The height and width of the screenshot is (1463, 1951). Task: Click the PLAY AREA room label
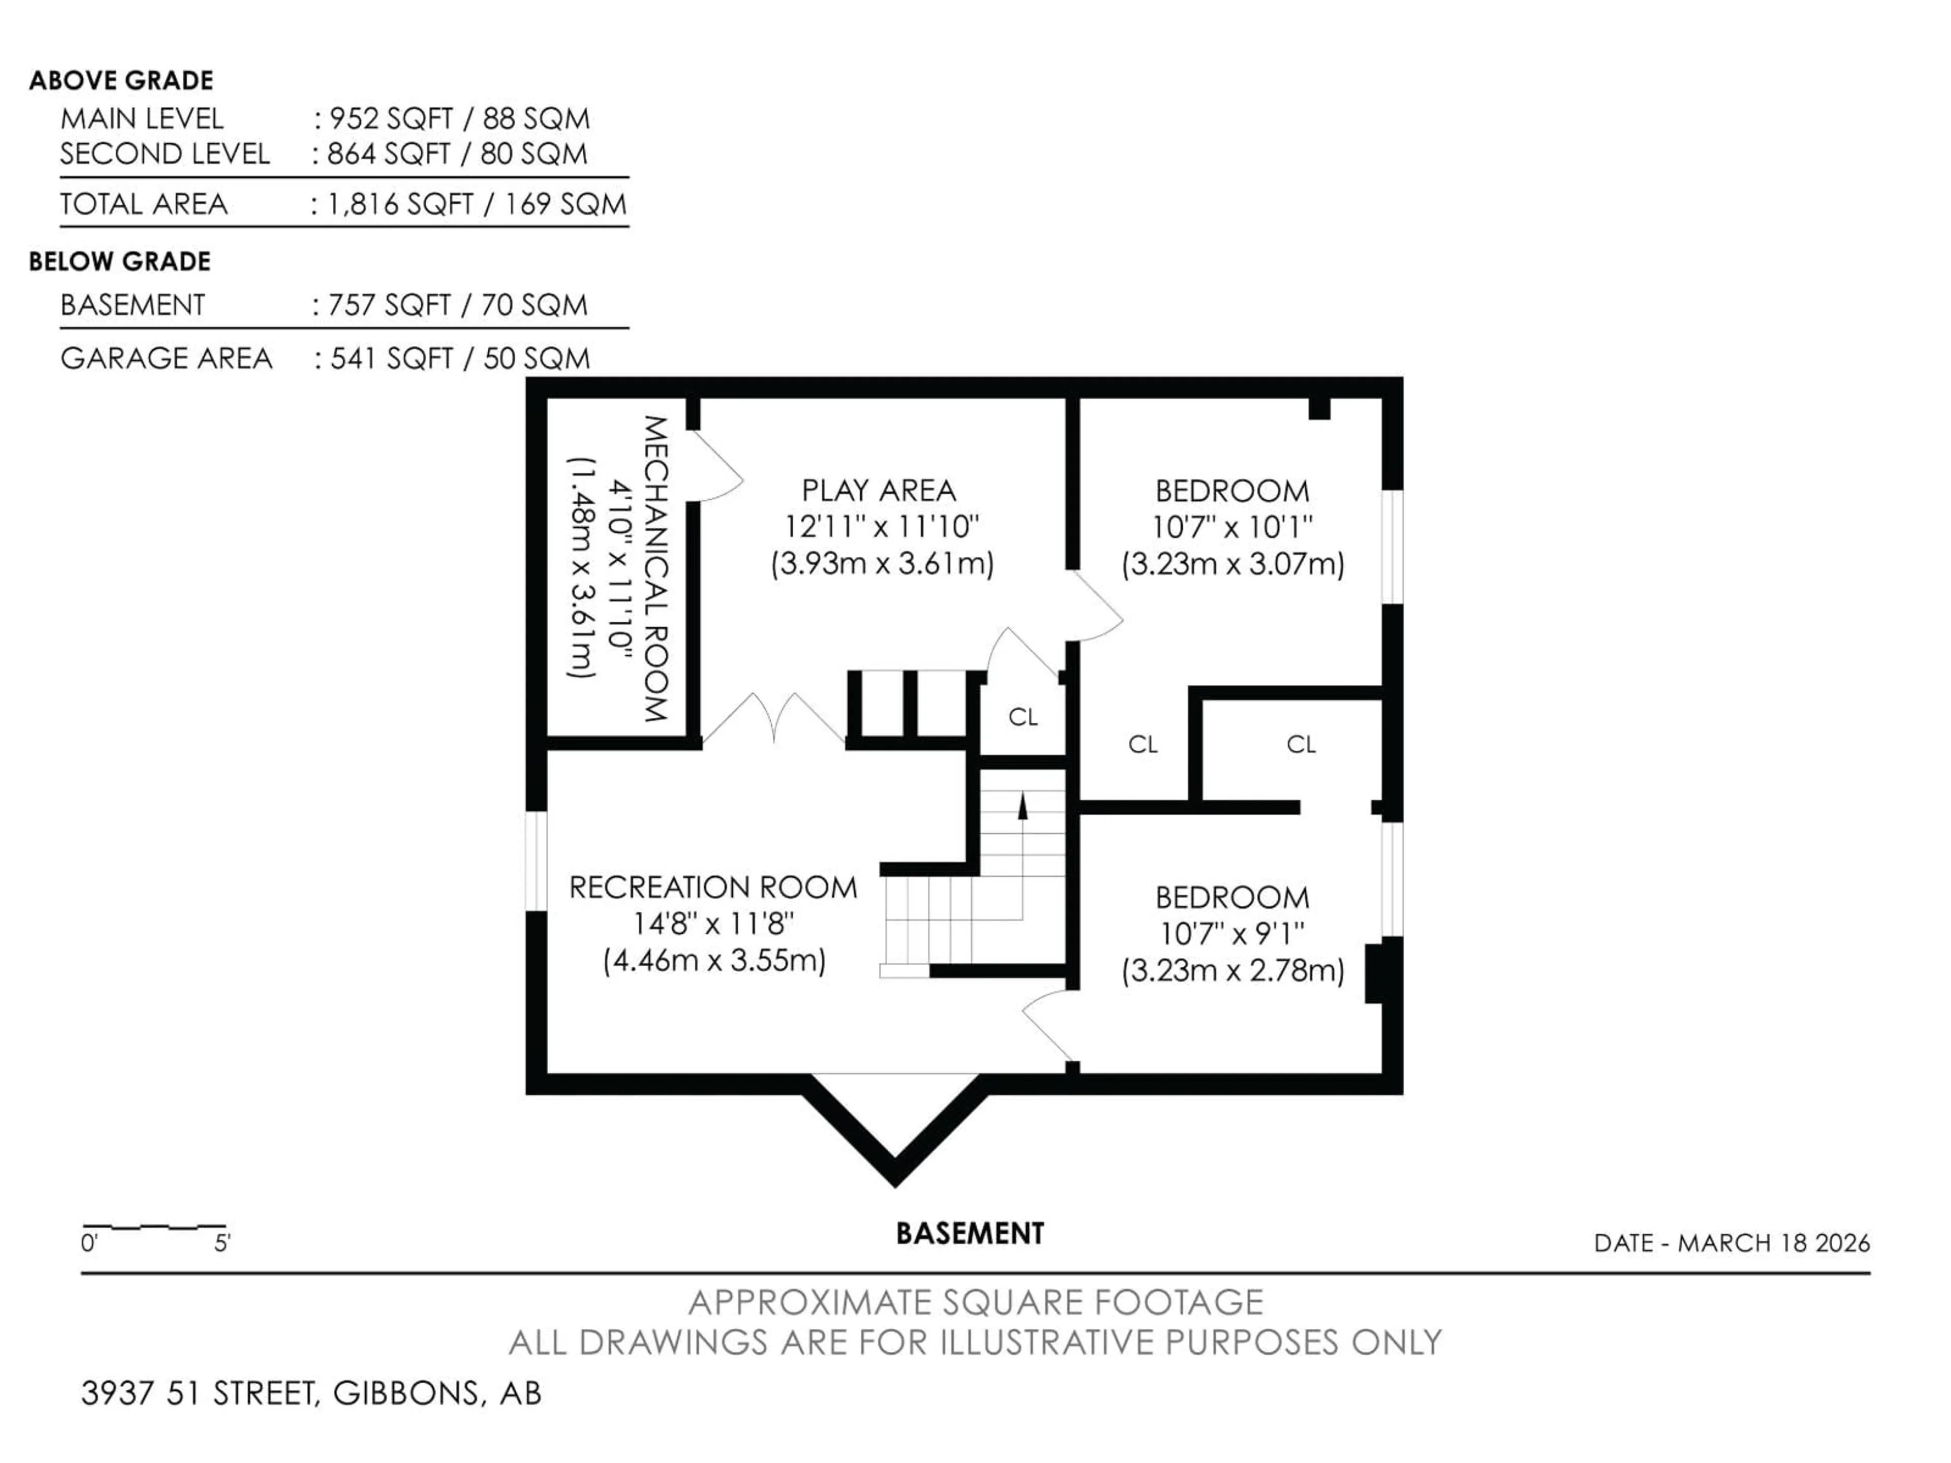click(878, 490)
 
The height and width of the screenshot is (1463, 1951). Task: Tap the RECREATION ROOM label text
click(713, 887)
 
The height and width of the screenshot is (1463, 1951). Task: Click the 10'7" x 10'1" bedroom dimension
click(1232, 527)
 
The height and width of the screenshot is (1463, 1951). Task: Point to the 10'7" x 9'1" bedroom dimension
click(1232, 933)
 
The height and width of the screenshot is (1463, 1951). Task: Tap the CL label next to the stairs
click(1023, 717)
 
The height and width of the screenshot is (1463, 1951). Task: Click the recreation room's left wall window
click(536, 861)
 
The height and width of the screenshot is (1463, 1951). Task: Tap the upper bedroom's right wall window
click(1392, 547)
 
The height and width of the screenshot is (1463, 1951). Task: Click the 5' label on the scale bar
click(222, 1244)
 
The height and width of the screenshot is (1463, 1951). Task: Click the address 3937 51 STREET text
click(199, 1393)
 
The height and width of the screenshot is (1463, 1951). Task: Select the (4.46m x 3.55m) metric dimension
click(714, 960)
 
